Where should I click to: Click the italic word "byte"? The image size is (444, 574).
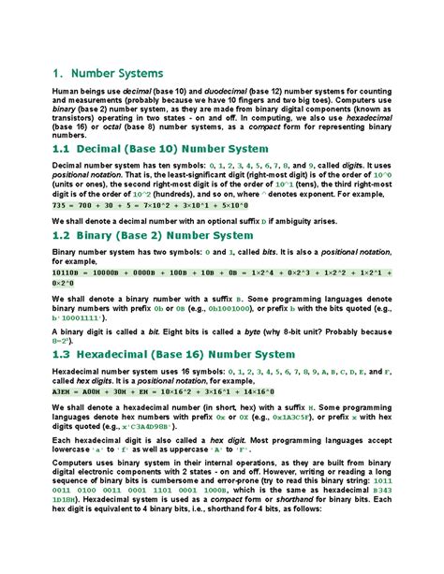[x=279, y=331]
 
